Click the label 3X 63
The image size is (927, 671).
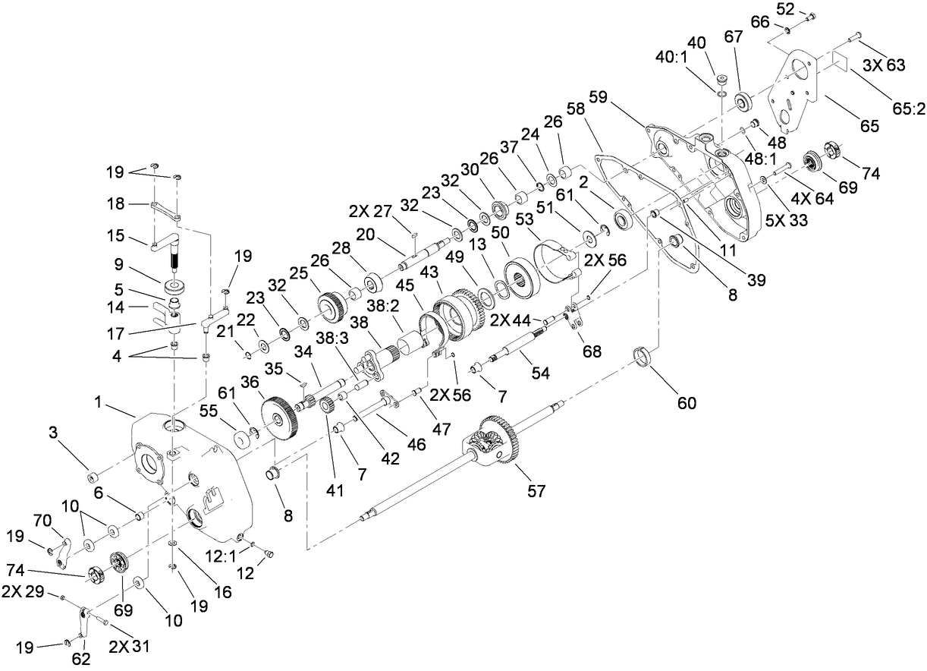pos(885,66)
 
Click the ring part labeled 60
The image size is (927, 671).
pos(643,355)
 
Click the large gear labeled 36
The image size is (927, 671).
pos(278,417)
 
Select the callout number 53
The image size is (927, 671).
pos(524,220)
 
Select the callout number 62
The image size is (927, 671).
pos(80,660)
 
